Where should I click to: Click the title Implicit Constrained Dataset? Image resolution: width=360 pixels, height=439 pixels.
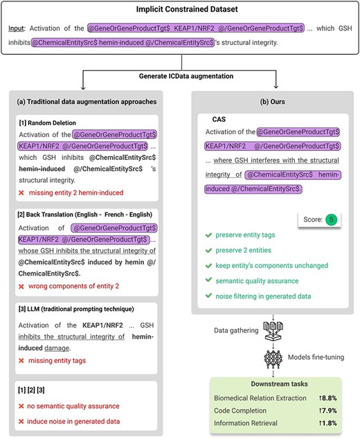(180, 10)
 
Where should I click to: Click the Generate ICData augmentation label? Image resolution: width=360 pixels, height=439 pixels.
(180, 75)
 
